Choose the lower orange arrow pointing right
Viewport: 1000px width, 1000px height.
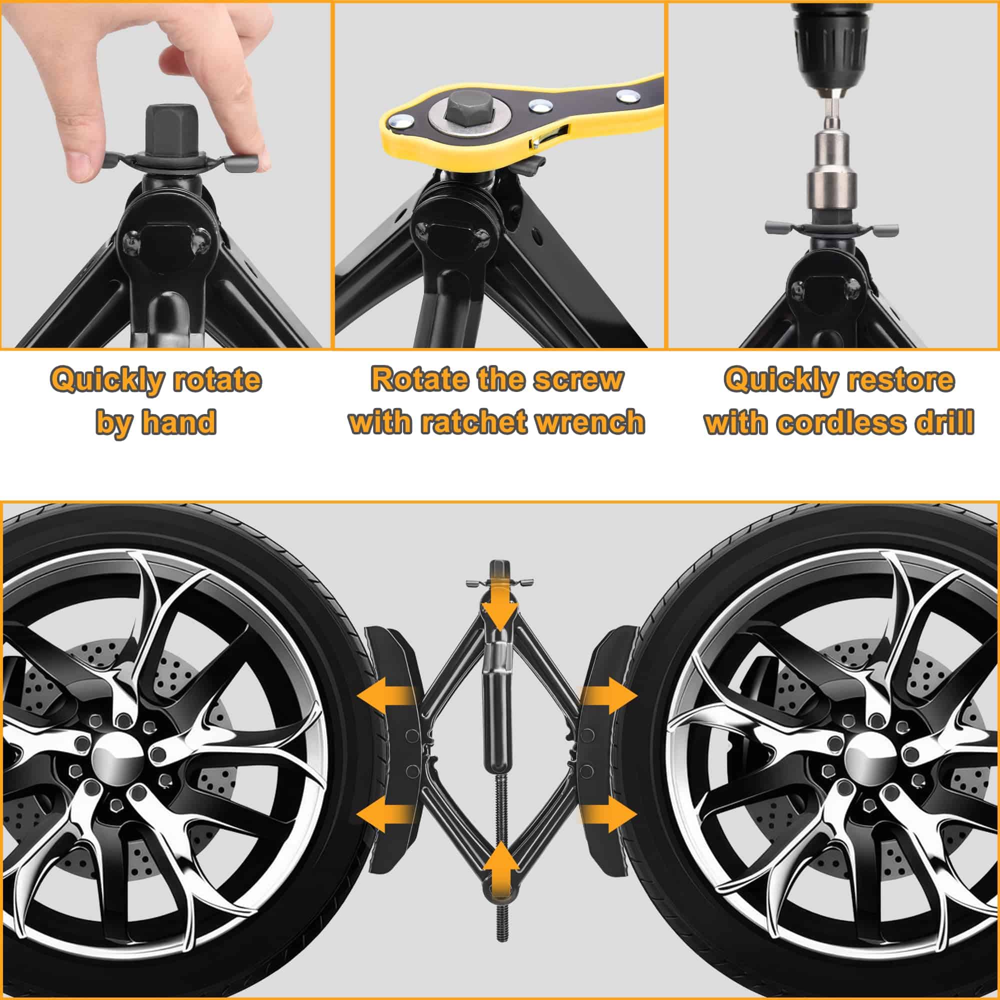(608, 828)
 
